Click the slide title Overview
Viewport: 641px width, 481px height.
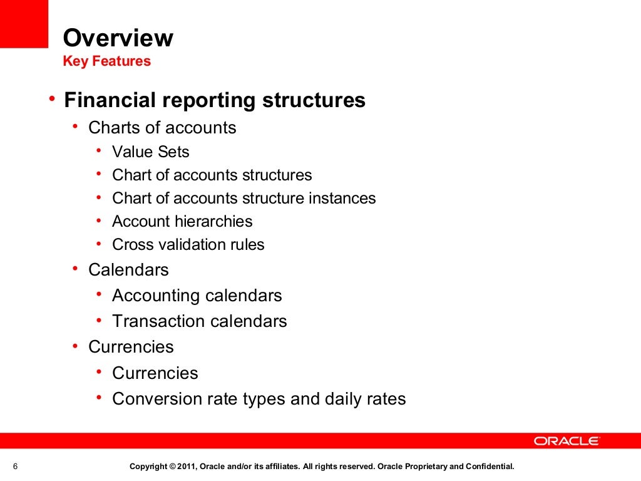point(118,39)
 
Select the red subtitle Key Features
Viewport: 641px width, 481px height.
point(107,61)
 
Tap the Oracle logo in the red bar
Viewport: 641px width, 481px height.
point(567,441)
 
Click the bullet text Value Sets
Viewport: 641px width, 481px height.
point(150,152)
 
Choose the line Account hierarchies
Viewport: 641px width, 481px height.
point(182,222)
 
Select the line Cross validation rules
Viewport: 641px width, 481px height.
point(188,245)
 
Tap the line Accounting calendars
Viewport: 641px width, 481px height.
point(197,296)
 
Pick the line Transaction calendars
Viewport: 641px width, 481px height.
point(199,321)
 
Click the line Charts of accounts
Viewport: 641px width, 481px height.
point(162,128)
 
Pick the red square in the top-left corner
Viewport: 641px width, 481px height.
point(24,24)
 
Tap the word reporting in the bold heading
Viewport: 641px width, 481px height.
point(207,101)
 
